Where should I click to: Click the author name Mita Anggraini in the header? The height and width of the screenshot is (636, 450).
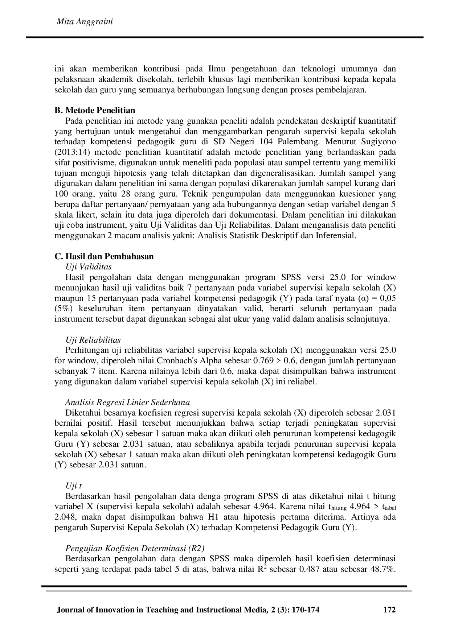(85, 22)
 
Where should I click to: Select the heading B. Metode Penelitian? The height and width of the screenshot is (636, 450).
(95, 110)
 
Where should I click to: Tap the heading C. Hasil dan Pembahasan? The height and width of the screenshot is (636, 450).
(104, 256)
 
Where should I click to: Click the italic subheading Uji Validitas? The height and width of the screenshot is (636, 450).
(88, 267)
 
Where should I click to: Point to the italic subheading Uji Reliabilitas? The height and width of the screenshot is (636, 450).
(93, 340)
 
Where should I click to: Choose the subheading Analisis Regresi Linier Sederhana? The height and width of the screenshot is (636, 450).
(127, 402)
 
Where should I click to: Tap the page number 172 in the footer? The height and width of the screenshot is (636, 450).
(389, 610)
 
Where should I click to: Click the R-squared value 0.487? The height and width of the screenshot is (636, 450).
(309, 569)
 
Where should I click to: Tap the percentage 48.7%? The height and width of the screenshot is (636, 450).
(382, 569)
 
